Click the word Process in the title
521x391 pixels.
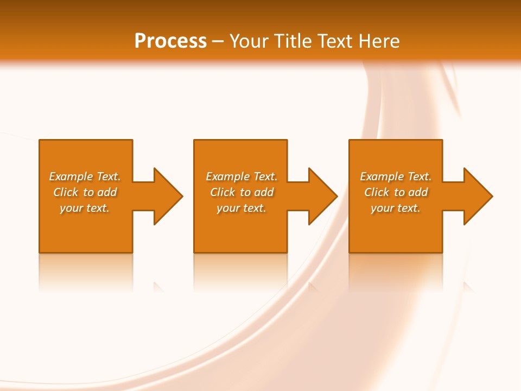[x=170, y=41]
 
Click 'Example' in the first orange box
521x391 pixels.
[x=71, y=176]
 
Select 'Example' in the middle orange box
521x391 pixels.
[x=228, y=176]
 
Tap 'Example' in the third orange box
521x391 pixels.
[x=382, y=176]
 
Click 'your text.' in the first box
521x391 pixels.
[x=85, y=208]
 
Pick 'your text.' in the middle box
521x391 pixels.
[x=242, y=208]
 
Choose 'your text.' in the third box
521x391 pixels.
[x=396, y=208]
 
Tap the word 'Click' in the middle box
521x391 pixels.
[x=223, y=192]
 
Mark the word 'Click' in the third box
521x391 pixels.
[x=377, y=192]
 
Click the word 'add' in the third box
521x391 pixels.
[x=418, y=192]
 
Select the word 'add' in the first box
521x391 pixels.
[x=107, y=192]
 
